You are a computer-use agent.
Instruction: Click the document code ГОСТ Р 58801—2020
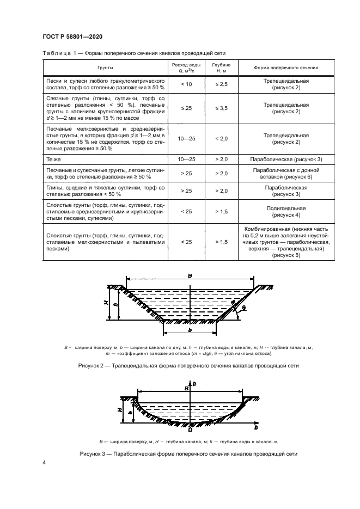coord(72,36)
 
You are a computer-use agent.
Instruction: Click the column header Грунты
coord(106,68)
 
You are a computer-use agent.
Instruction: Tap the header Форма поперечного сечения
coord(286,68)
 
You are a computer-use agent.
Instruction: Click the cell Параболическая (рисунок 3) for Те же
coord(286,159)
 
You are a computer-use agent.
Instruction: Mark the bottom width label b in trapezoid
coord(190,330)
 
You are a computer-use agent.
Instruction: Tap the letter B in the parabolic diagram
coord(186,389)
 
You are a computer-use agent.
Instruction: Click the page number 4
coord(44,462)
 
